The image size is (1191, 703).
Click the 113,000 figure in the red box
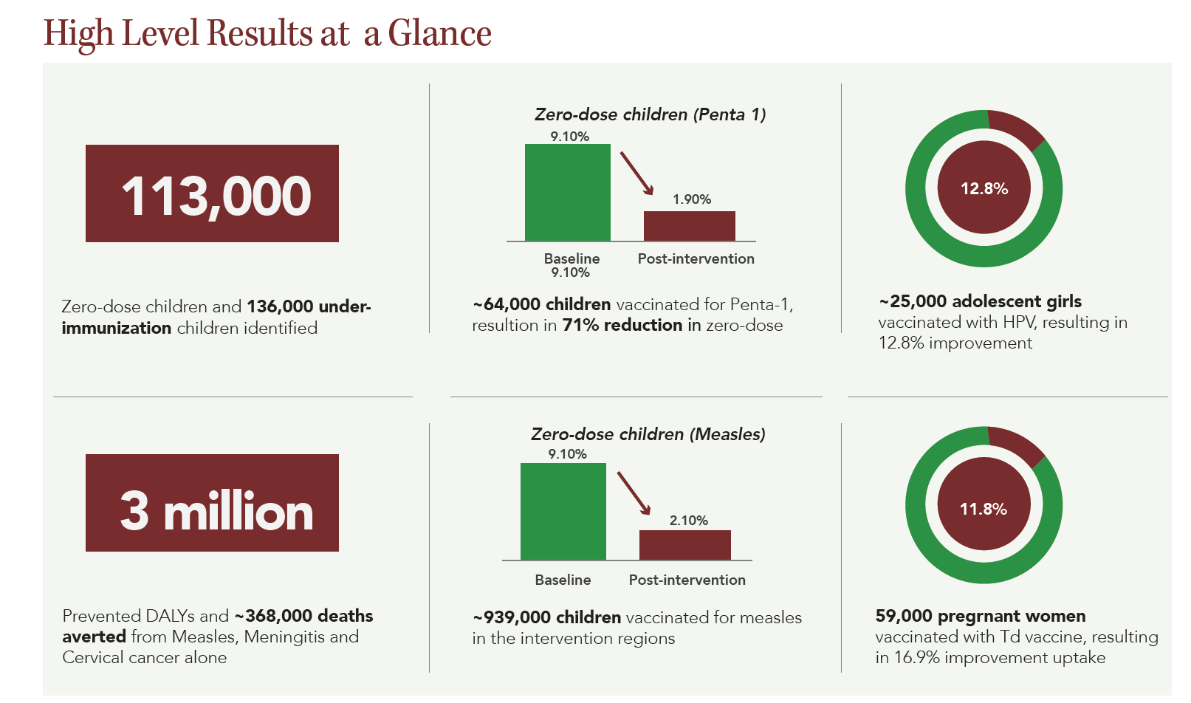click(x=216, y=196)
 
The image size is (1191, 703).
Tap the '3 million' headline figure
click(x=216, y=510)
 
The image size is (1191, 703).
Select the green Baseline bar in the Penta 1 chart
click(x=567, y=193)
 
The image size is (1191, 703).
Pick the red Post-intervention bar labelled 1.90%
click(x=689, y=226)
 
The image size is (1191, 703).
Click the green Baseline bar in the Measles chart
click(x=563, y=511)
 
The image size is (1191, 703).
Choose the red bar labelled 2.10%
click(x=684, y=545)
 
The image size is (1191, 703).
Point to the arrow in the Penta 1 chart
click(x=636, y=173)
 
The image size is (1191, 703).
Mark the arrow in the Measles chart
click(x=634, y=493)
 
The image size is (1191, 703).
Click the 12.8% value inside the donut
click(x=984, y=188)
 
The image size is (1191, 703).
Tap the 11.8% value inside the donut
click(x=983, y=509)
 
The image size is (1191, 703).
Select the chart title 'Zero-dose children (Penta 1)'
click(x=650, y=114)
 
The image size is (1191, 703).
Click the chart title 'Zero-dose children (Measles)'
click(x=648, y=434)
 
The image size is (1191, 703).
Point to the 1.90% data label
click(x=691, y=199)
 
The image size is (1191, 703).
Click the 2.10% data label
click(x=688, y=521)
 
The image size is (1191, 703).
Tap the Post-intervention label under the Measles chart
click(x=687, y=580)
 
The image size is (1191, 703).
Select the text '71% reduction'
click(x=622, y=325)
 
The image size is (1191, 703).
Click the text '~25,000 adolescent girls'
click(x=980, y=301)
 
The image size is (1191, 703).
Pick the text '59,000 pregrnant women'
click(x=980, y=616)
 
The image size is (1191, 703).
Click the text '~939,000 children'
click(x=546, y=617)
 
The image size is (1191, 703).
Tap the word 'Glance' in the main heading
click(x=439, y=34)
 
